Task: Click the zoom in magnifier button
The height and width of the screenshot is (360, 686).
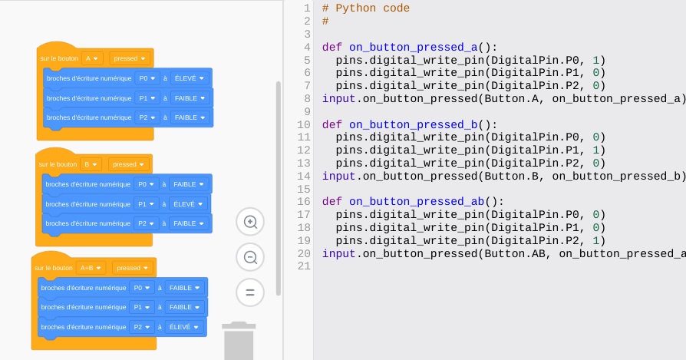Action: click(250, 222)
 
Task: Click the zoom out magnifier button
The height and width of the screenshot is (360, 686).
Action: click(250, 257)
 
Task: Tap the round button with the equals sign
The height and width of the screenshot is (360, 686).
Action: click(250, 292)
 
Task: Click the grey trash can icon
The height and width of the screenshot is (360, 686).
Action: click(239, 341)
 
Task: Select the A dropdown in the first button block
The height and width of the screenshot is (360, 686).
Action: click(92, 58)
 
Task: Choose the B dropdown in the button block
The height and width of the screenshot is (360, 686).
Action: click(91, 164)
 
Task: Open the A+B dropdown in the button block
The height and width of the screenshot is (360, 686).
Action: click(91, 268)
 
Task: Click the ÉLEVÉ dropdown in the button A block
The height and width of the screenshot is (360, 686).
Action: click(189, 78)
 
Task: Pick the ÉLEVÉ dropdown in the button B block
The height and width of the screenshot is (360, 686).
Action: click(188, 204)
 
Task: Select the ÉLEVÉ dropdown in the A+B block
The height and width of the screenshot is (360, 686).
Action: click(183, 327)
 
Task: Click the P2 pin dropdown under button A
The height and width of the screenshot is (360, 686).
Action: click(147, 117)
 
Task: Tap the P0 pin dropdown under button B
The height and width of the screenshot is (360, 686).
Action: click(146, 184)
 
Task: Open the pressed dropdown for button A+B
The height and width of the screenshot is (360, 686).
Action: click(132, 268)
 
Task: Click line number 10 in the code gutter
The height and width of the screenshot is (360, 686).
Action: click(304, 124)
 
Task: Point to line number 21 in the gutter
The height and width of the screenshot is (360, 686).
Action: click(304, 266)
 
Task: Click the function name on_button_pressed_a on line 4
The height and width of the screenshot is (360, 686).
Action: click(414, 48)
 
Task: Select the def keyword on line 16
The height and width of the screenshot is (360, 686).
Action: click(332, 202)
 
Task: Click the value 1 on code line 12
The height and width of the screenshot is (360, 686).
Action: click(595, 150)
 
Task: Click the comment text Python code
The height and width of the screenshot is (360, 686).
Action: click(372, 8)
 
